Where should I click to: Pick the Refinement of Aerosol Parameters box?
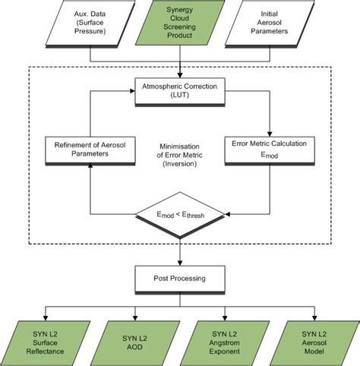pos(88,149)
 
